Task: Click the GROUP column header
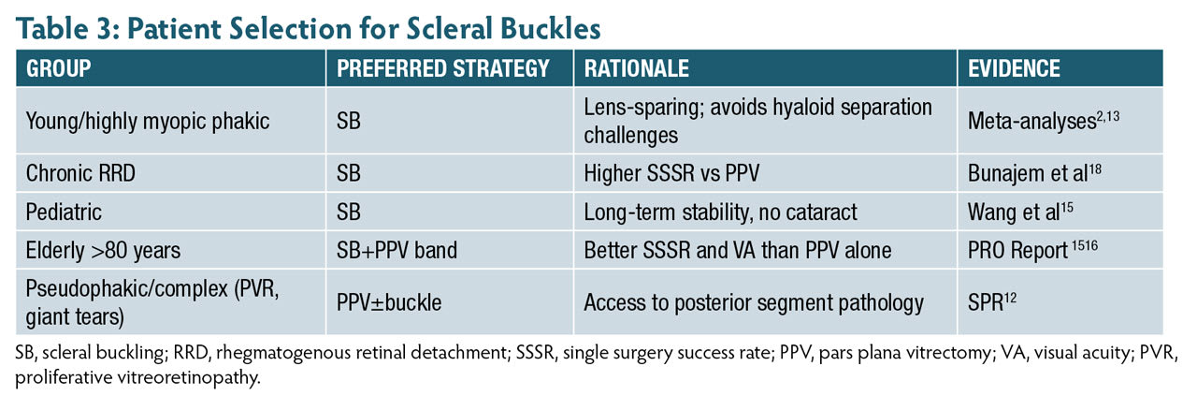(x=58, y=68)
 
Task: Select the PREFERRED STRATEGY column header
(x=443, y=68)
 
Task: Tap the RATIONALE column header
(x=637, y=68)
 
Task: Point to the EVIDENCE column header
(x=1014, y=68)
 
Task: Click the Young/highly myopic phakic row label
(x=148, y=121)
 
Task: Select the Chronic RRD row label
(x=80, y=173)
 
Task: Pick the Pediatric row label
(x=64, y=212)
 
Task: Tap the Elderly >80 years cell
(x=103, y=251)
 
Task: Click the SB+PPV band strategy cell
(x=397, y=251)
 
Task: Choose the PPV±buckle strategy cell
(x=389, y=303)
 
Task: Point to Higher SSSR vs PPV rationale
(x=671, y=173)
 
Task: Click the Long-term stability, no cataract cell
(x=720, y=212)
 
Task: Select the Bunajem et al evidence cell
(x=1034, y=172)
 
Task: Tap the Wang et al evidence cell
(x=1020, y=212)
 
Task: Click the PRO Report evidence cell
(x=1032, y=250)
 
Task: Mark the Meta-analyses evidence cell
(x=1044, y=121)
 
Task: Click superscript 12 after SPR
(x=1011, y=298)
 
